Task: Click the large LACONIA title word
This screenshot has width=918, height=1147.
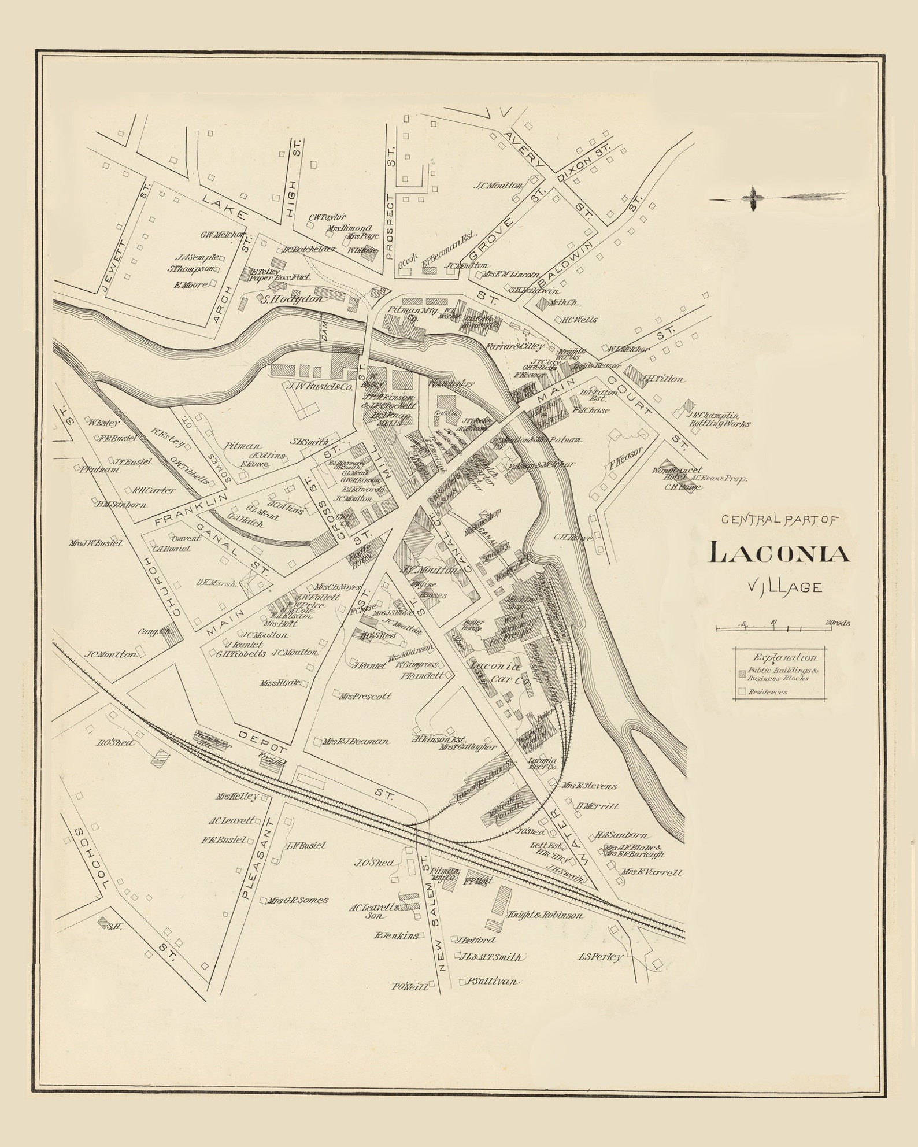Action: coord(779,553)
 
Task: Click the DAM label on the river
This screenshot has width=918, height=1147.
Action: coord(324,334)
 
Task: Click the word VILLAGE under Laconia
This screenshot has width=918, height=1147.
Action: coord(776,587)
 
